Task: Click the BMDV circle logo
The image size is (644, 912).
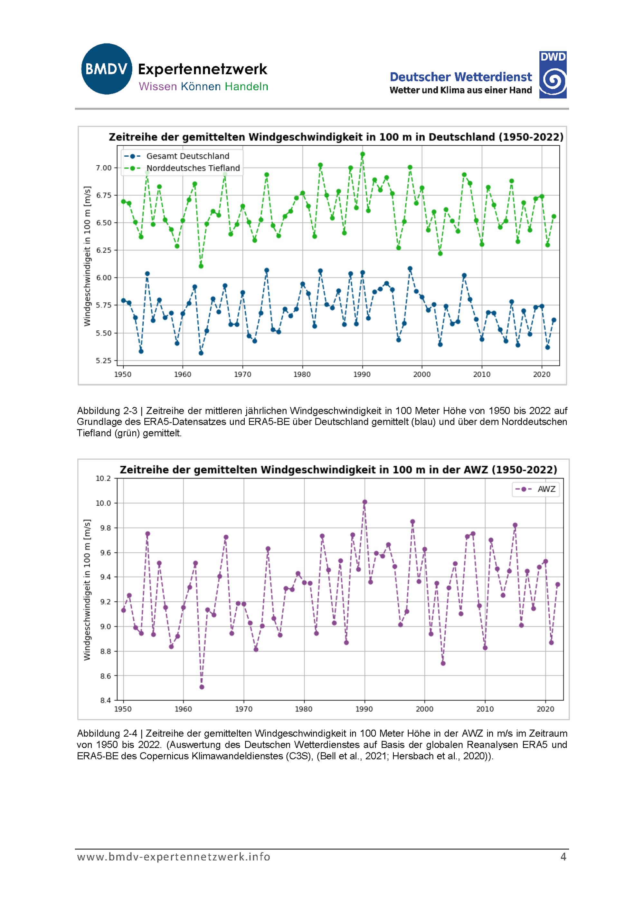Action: pos(106,69)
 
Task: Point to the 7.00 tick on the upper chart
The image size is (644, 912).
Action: pos(104,168)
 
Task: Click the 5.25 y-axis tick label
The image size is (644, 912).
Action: pos(104,361)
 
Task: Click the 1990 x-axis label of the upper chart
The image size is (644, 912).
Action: pos(362,374)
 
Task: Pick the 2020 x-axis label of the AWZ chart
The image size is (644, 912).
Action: pos(545,709)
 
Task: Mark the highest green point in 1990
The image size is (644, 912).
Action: pos(363,154)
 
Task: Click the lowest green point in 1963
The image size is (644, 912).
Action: pos(201,266)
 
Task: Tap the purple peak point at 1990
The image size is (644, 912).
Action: pos(365,502)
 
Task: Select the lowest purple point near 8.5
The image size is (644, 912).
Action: pos(202,687)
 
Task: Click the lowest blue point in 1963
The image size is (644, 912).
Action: pos(201,353)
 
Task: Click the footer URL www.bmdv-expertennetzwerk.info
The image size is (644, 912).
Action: pos(174,857)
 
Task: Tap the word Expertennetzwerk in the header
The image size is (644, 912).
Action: pos(202,70)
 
